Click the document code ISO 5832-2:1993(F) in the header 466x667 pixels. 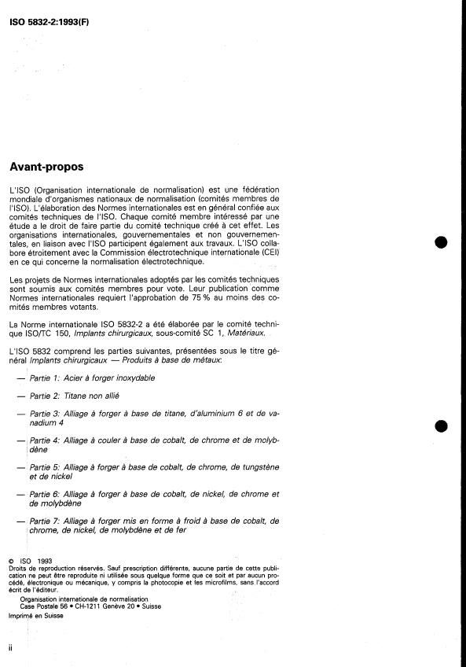click(49, 10)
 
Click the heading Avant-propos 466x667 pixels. click(46, 167)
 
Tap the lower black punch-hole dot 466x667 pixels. click(442, 425)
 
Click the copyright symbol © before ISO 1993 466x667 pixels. click(10, 560)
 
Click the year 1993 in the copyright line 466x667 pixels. click(38, 560)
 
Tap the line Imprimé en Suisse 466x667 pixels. click(36, 616)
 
